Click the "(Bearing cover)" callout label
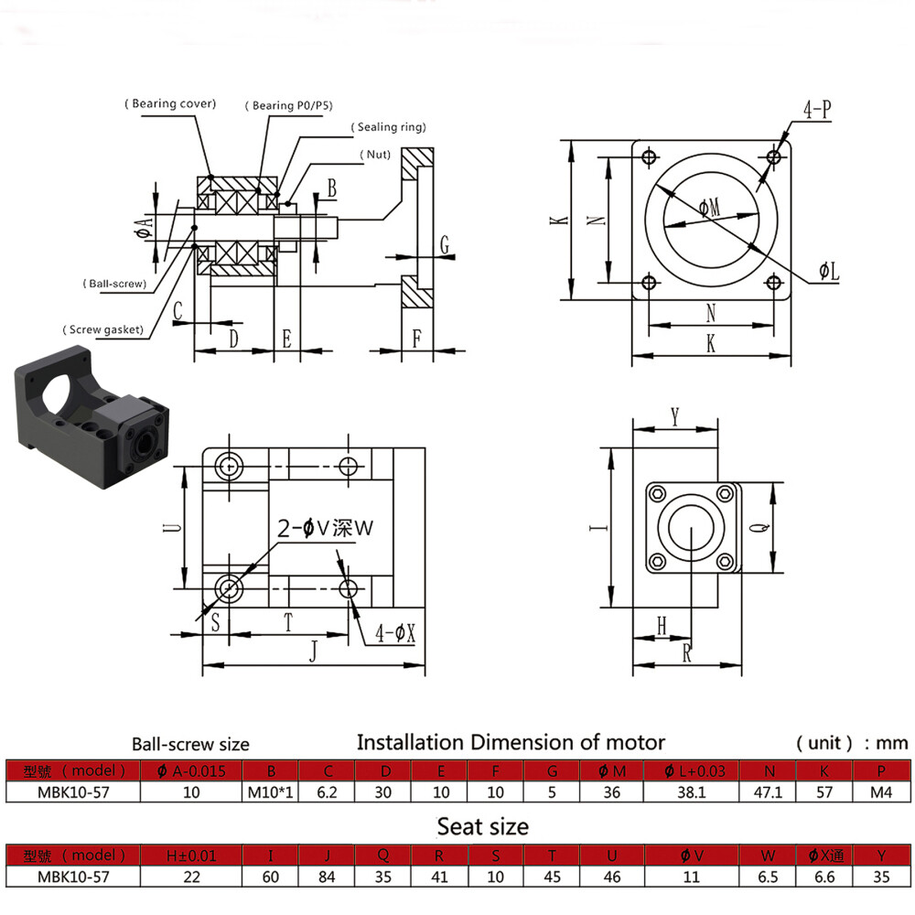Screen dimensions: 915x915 pos(170,104)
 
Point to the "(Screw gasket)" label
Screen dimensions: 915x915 pos(102,328)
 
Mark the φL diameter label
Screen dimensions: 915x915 pos(829,271)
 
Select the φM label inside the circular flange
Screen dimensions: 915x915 pos(709,209)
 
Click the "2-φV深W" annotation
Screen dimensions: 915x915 pos(327,528)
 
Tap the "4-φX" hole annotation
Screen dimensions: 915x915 pos(396,632)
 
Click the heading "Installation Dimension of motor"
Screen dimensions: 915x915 pos(510,741)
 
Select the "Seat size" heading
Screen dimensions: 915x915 pos(482,826)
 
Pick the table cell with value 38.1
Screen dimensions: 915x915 pos(691,792)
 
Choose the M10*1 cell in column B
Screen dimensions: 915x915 pos(271,792)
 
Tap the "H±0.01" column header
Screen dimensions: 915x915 pos(191,856)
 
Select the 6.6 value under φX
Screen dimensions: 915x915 pos(825,877)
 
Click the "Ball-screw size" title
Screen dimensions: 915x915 pos(190,744)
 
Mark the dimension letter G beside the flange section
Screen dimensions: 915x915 pos(444,244)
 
